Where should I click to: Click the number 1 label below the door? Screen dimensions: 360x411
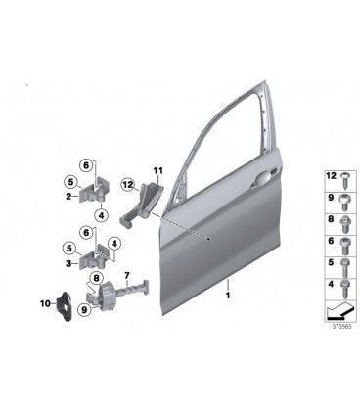click(228, 296)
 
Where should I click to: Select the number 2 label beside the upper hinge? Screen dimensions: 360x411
click(68, 197)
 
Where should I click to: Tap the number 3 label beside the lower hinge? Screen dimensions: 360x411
click(68, 263)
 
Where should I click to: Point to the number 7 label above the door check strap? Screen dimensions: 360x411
click(127, 276)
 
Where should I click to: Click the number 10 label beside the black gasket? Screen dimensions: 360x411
click(44, 304)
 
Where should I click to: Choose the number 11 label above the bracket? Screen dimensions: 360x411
click(158, 170)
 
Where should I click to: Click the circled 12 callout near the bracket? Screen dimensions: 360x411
click(127, 185)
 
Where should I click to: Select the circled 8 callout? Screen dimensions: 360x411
click(96, 278)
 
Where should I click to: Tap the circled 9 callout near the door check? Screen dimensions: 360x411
click(85, 310)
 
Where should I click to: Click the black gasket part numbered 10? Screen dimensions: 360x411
click(64, 305)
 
